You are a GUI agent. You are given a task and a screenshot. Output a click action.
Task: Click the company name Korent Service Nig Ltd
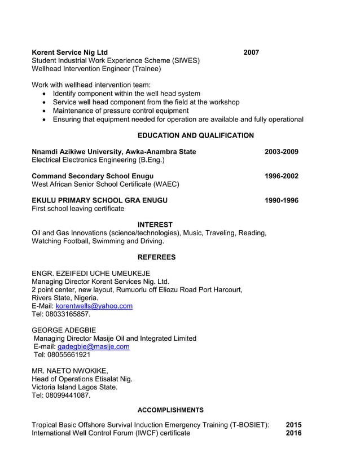pyautogui.click(x=69, y=52)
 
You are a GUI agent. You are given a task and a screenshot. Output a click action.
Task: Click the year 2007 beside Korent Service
pyautogui.click(x=251, y=52)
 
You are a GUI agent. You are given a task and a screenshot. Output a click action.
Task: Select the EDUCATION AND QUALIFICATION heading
pyautogui.click(x=195, y=135)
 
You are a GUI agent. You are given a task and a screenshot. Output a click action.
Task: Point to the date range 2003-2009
pyautogui.click(x=282, y=152)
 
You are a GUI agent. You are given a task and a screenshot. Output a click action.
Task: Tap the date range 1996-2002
pyautogui.click(x=282, y=176)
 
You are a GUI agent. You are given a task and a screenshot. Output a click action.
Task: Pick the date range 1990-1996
pyautogui.click(x=282, y=200)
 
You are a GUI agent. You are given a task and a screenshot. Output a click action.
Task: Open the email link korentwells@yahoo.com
pyautogui.click(x=94, y=306)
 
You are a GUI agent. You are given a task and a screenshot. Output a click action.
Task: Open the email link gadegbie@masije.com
pyautogui.click(x=93, y=346)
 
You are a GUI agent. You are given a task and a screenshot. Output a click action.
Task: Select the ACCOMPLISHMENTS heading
pyautogui.click(x=170, y=410)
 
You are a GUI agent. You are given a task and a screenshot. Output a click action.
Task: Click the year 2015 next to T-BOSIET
pyautogui.click(x=293, y=425)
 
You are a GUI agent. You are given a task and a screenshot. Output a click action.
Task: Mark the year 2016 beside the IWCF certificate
pyautogui.click(x=293, y=433)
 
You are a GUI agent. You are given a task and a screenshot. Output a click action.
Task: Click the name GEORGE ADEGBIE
pyautogui.click(x=64, y=330)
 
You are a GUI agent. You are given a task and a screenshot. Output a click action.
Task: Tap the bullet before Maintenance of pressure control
pyautogui.click(x=45, y=111)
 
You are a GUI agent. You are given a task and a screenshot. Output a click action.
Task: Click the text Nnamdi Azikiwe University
pyautogui.click(x=76, y=152)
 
